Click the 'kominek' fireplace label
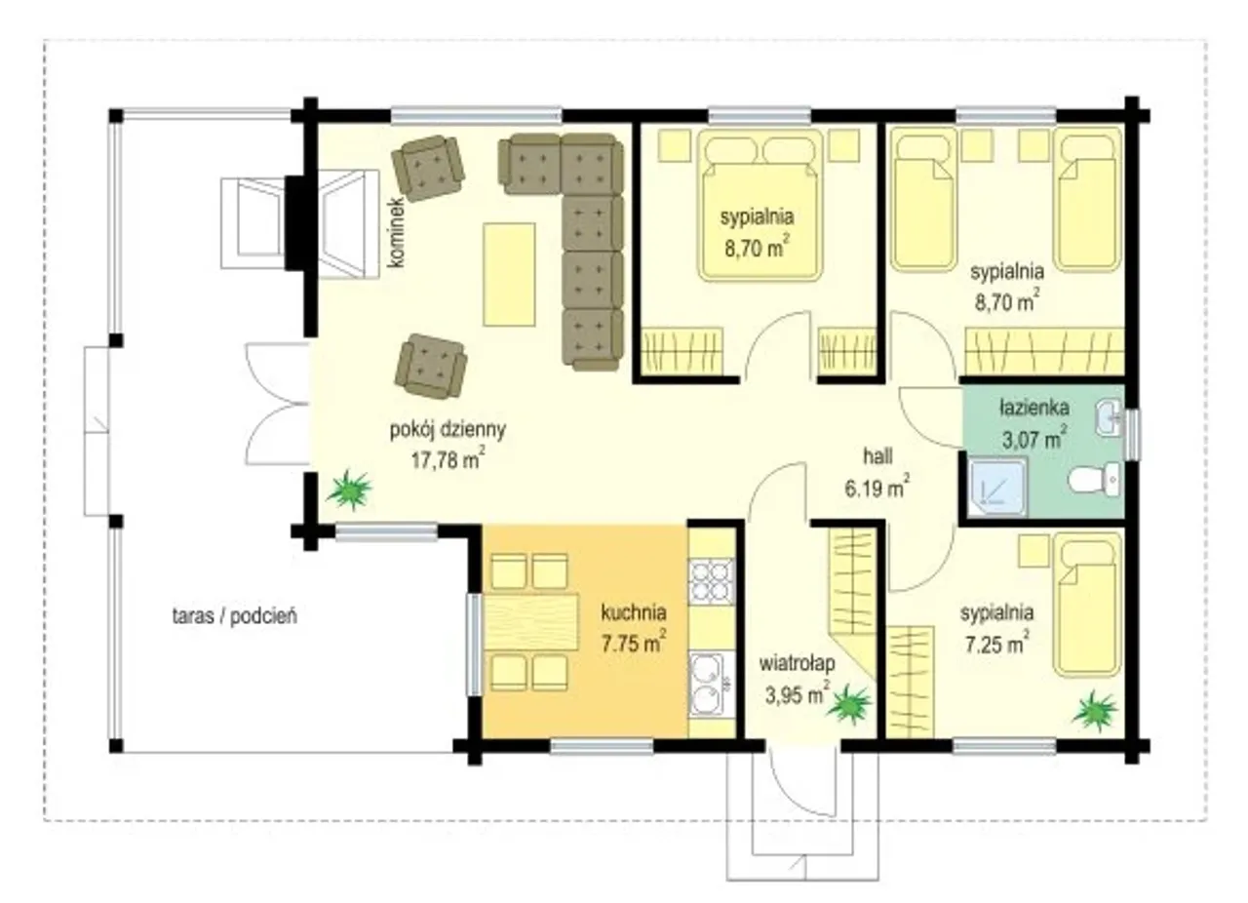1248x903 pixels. [x=398, y=232]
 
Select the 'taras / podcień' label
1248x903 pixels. [x=235, y=616]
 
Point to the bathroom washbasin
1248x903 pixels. [x=1109, y=417]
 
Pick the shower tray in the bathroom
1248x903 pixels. [x=998, y=488]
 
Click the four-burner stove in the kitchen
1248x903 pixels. [x=712, y=580]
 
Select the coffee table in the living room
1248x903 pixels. [x=509, y=274]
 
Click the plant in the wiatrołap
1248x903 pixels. [x=849, y=704]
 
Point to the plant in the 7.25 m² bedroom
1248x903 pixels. [x=1095, y=711]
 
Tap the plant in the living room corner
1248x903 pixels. [x=349, y=490]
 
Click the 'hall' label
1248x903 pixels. [x=878, y=457]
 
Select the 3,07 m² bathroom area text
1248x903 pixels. [x=1035, y=439]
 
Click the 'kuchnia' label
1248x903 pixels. [x=634, y=612]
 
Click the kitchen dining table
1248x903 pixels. [x=530, y=622]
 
